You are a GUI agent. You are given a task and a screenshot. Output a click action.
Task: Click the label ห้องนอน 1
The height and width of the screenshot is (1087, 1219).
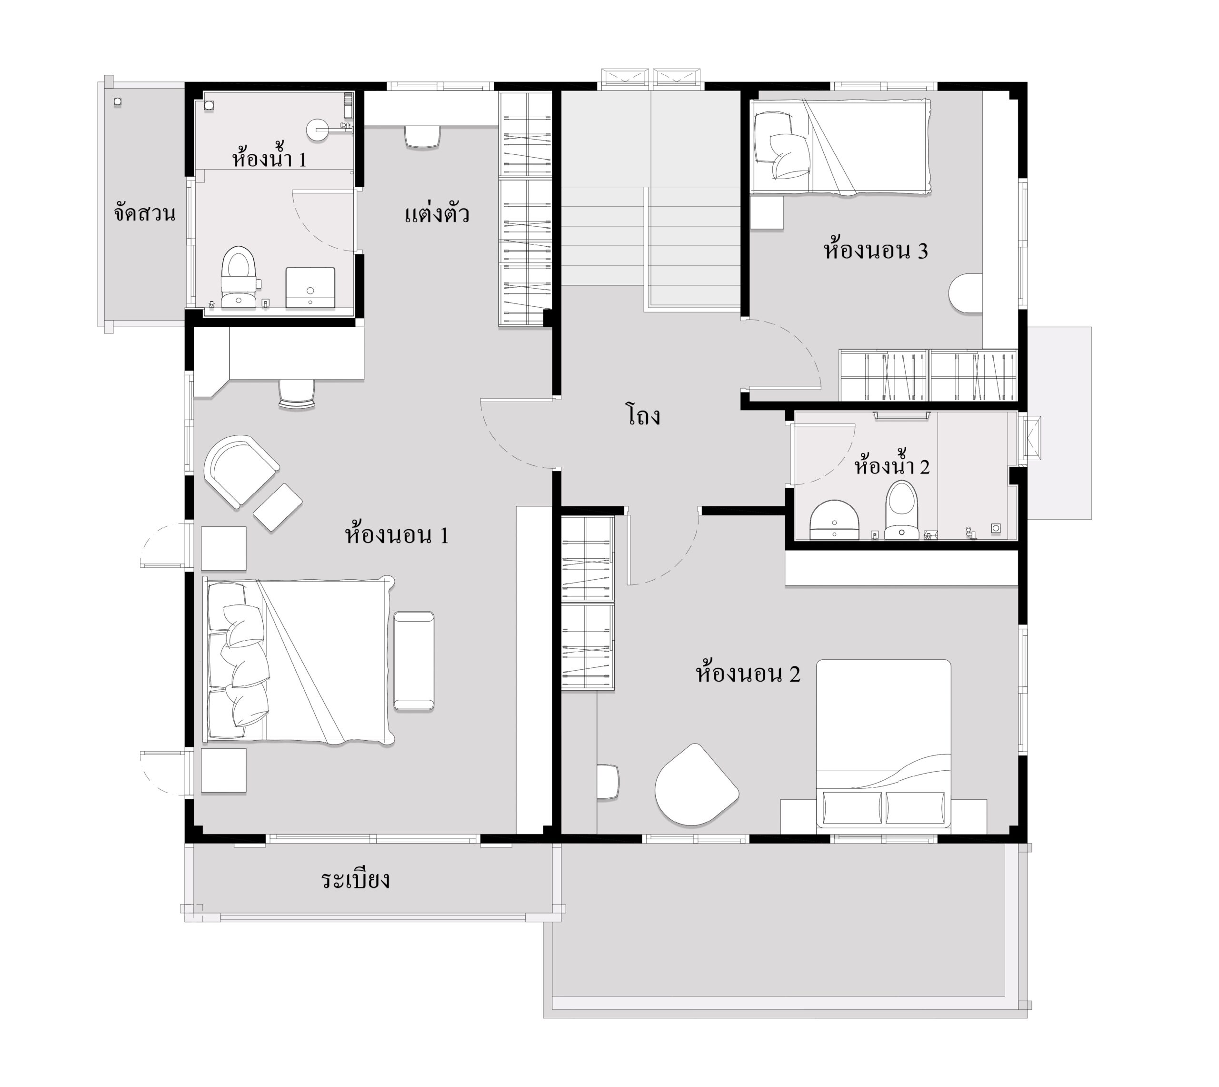[x=396, y=534]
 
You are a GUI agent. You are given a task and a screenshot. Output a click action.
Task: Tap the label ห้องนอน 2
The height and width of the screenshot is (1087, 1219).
[x=748, y=673]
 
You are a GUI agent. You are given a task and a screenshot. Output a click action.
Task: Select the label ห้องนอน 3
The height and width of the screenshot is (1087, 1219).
[x=876, y=250]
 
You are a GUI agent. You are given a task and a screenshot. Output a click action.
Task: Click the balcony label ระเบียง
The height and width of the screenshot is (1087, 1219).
[x=356, y=879]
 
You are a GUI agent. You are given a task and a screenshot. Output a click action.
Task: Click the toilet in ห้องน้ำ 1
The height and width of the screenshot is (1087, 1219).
[x=239, y=277]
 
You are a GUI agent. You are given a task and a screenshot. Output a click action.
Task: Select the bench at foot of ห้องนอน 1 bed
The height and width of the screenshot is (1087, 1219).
[x=414, y=661]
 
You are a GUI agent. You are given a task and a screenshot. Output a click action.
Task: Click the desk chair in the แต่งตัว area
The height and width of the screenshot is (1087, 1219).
[x=423, y=136]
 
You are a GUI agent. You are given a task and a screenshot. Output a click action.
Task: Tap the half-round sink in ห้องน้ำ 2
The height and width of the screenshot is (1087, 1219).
[x=834, y=520]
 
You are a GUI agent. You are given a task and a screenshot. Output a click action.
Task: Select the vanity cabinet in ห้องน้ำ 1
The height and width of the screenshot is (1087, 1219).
[x=310, y=288]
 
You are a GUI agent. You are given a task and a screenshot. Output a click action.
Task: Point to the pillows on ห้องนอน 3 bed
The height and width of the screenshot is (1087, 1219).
[x=781, y=146]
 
